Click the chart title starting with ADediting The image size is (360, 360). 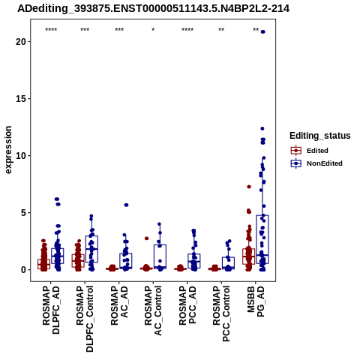click(x=154, y=9)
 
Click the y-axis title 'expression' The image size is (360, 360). click(x=8, y=150)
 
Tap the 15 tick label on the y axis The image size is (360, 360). click(x=21, y=98)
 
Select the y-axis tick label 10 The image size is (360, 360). click(x=21, y=155)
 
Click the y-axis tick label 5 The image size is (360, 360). click(x=23, y=213)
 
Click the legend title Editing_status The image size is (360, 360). click(x=320, y=136)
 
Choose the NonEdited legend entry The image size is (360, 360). click(x=316, y=163)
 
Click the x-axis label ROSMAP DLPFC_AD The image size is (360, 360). click(x=51, y=310)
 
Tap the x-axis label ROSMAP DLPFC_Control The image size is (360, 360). click(x=85, y=319)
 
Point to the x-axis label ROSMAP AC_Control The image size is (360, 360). click(x=153, y=310)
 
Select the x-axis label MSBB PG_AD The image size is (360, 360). click(x=256, y=301)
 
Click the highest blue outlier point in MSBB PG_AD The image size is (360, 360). click(x=262, y=31)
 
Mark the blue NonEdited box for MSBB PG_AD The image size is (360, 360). click(x=262, y=239)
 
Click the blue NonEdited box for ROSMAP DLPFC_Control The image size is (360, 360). click(x=91, y=249)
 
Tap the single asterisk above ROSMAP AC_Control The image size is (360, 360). click(x=153, y=30)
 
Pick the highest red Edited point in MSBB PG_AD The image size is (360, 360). click(x=249, y=187)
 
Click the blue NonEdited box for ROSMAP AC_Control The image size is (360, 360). click(x=160, y=256)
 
